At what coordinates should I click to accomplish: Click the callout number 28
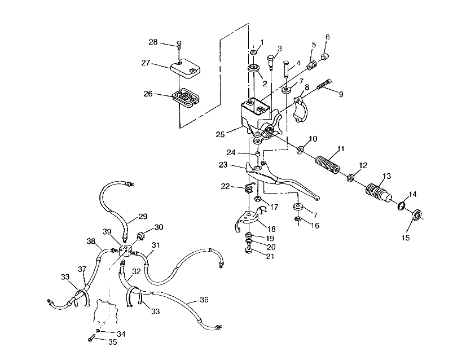[x=153, y=42]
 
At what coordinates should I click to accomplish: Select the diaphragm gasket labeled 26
[x=184, y=98]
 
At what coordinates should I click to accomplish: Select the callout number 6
[x=327, y=38]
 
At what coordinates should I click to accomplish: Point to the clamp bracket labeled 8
[x=300, y=106]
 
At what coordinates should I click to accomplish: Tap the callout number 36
[x=204, y=300]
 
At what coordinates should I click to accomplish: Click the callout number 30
[x=159, y=227]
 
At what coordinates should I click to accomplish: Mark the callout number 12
[x=362, y=165]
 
